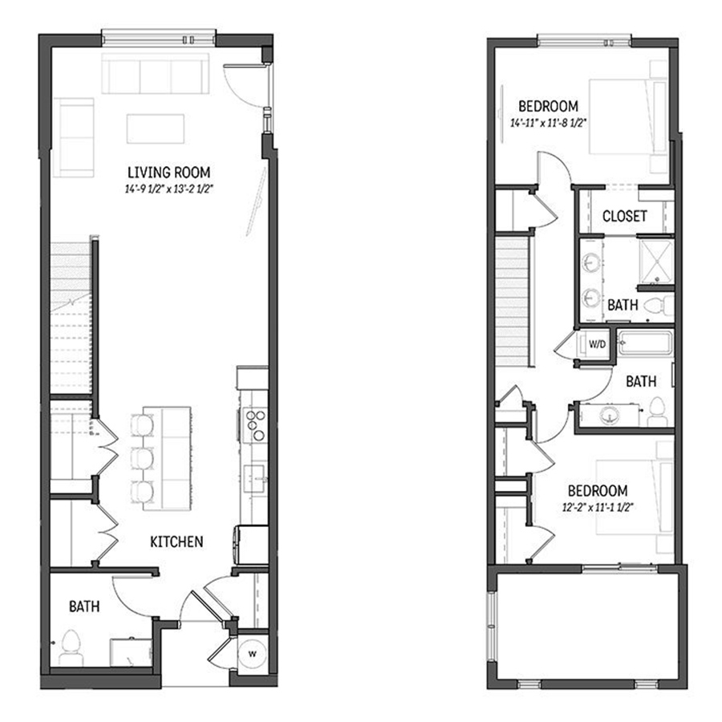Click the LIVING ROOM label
[168, 172]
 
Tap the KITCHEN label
[176, 541]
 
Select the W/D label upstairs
[597, 345]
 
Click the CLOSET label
[624, 217]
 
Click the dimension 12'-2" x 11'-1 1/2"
[598, 507]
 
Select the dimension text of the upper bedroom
[549, 124]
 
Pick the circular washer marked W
[251, 651]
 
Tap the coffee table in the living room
[155, 128]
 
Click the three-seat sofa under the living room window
[156, 74]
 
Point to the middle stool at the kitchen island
[144, 458]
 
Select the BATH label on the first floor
[83, 606]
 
